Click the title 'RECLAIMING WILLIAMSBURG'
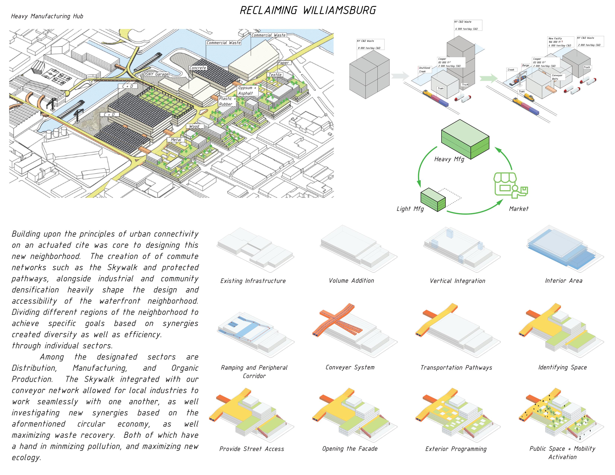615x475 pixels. [x=307, y=10]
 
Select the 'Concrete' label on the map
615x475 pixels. [x=198, y=68]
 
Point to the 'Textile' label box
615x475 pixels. [x=275, y=75]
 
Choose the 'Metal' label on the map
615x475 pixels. [x=176, y=140]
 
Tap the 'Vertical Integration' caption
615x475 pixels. [x=457, y=281]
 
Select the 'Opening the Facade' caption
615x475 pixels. [x=350, y=449]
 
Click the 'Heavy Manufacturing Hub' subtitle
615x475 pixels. [x=47, y=16]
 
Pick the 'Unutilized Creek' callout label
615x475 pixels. [x=424, y=69]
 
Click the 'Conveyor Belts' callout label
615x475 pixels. [x=557, y=77]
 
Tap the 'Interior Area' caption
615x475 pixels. [x=563, y=281]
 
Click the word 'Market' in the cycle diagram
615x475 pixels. [x=519, y=209]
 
